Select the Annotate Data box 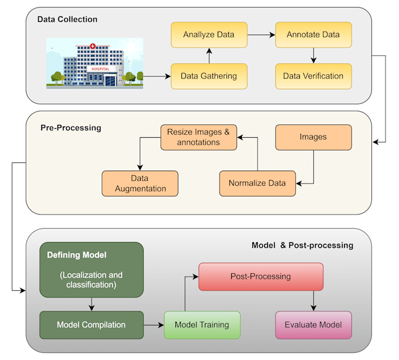(313, 35)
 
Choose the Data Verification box (313, 76)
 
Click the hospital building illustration (95, 63)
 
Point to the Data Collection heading (67, 19)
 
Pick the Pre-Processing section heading (70, 127)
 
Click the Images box (313, 137)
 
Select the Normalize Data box (258, 183)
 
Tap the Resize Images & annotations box (199, 137)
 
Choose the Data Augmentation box (140, 183)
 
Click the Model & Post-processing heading (302, 245)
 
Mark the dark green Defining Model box (91, 269)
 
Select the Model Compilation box (91, 324)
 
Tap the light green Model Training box (201, 324)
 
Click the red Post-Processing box (261, 276)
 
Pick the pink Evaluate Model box (313, 325)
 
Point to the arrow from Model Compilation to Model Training (153, 324)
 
